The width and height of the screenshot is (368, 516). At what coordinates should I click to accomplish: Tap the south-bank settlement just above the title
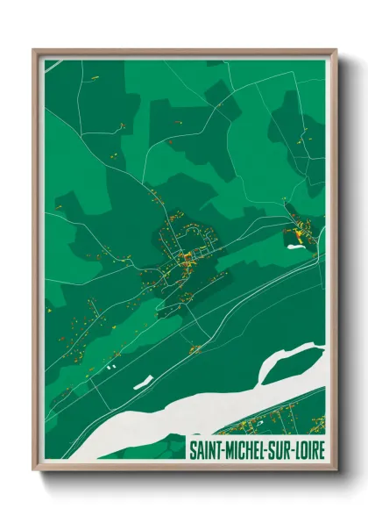point(263,426)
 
